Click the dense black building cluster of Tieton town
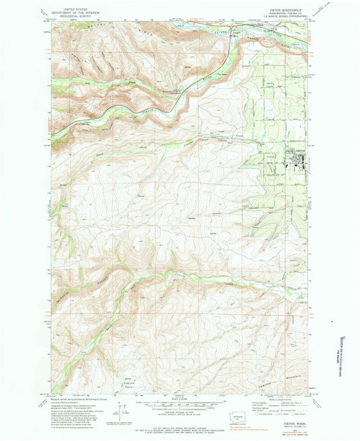[298, 157]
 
